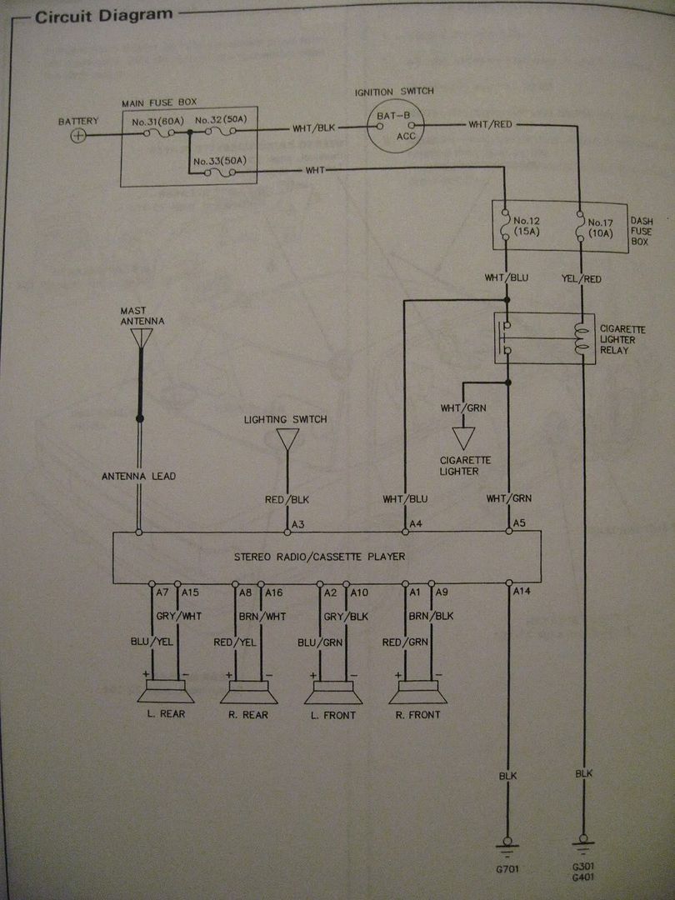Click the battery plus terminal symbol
[x=77, y=135]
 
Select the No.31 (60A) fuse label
[x=157, y=121]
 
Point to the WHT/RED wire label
[x=490, y=124]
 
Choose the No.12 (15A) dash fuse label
[x=528, y=227]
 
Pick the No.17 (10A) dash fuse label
[x=600, y=227]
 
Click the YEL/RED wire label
[x=582, y=279]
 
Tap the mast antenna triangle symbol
[x=142, y=337]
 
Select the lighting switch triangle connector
[x=287, y=438]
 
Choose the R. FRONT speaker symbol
[x=417, y=692]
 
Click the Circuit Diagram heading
[x=104, y=14]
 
